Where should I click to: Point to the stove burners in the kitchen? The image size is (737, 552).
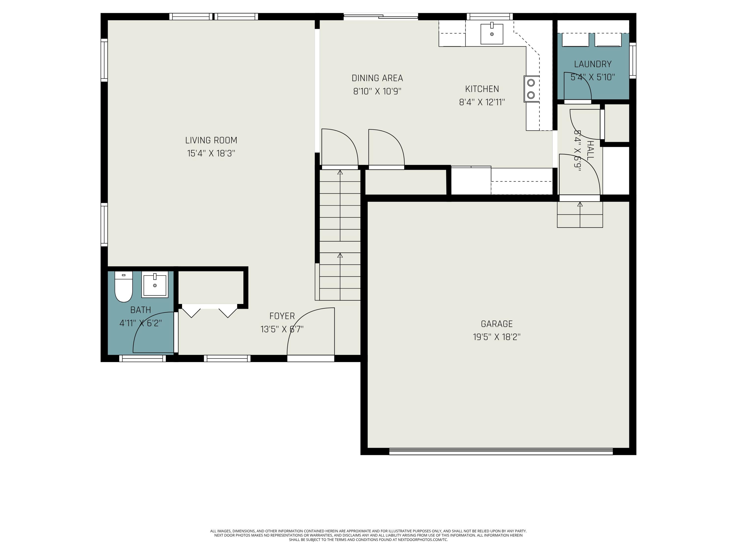tap(531, 89)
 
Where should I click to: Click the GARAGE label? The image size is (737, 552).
tap(496, 324)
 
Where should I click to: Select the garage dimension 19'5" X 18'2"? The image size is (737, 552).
tap(496, 337)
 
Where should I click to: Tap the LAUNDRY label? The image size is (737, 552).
tap(593, 64)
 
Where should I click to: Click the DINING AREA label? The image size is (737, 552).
tap(377, 78)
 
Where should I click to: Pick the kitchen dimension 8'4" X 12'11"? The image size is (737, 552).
tap(482, 102)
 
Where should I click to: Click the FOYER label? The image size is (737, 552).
tap(282, 316)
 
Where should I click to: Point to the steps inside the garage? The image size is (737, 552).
tap(580, 215)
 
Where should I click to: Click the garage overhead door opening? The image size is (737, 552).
tap(501, 451)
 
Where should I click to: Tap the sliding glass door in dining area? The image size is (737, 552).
tap(381, 16)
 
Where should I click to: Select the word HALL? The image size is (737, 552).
tap(590, 150)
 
